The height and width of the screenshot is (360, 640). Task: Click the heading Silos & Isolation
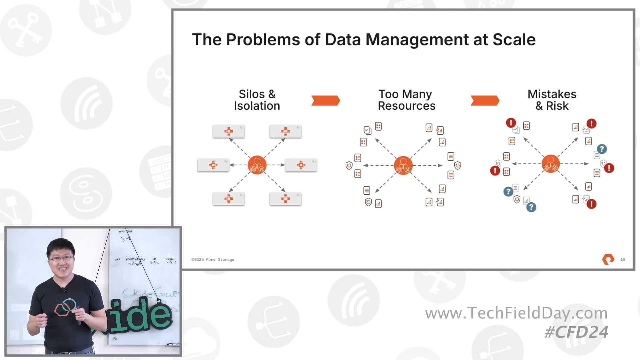point(257,100)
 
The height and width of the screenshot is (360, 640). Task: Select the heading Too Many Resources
point(406,100)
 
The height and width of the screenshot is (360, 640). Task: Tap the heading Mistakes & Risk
point(552,100)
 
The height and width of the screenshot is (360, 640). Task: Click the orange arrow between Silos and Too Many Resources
point(325,100)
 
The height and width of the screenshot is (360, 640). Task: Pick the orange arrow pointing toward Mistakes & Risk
point(485,100)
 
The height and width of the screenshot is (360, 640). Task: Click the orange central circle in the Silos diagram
point(257,165)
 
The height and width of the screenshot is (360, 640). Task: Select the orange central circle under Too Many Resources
point(403,165)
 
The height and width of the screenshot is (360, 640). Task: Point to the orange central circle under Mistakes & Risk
point(551,164)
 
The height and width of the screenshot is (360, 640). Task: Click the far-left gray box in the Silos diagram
point(213,165)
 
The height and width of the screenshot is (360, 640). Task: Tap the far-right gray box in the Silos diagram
point(301,165)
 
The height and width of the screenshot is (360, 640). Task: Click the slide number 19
point(622,259)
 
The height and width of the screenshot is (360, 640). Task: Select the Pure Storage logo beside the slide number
point(608,259)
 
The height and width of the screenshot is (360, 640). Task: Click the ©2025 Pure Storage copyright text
point(213,259)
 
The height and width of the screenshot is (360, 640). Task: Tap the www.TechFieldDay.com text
point(516,313)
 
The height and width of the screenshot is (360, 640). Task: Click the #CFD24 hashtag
point(576,332)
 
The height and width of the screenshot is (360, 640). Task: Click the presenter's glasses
point(61,258)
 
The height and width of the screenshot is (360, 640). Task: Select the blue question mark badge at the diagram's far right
point(602,149)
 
